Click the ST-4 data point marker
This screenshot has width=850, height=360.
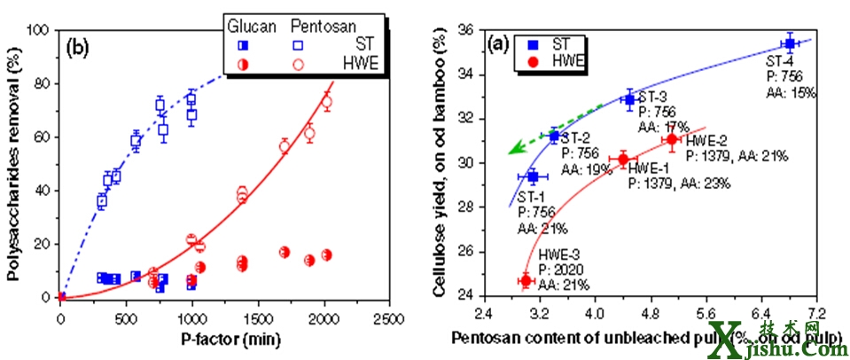pyautogui.click(x=788, y=43)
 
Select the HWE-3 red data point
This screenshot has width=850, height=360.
pyautogui.click(x=526, y=280)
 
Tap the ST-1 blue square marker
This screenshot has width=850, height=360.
pyautogui.click(x=533, y=176)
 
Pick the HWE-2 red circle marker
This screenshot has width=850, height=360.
pyautogui.click(x=672, y=139)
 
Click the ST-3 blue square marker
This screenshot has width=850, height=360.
pyautogui.click(x=629, y=99)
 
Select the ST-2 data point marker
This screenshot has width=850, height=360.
pyautogui.click(x=555, y=136)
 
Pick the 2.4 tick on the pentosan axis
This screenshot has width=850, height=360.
pyautogui.click(x=483, y=315)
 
